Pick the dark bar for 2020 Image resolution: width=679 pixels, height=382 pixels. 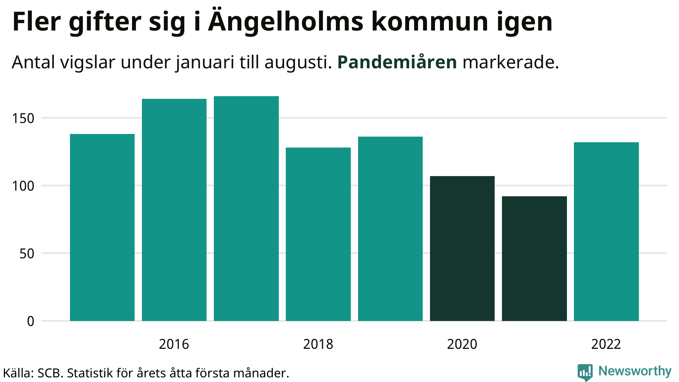tap(462, 248)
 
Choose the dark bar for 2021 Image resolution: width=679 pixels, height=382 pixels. tap(534, 258)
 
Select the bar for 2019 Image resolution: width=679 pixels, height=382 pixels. tap(390, 228)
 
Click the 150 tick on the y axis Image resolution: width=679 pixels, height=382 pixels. tap(23, 118)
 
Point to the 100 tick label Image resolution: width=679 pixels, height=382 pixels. tap(23, 186)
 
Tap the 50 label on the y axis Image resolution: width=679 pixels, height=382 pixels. tap(27, 254)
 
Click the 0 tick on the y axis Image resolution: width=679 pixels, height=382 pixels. tap(31, 321)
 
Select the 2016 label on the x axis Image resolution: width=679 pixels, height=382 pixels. tap(174, 344)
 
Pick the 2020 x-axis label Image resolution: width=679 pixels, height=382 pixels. tap(462, 344)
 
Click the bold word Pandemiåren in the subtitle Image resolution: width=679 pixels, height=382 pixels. tap(397, 62)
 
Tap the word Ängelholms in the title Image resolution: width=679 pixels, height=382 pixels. tap(286, 22)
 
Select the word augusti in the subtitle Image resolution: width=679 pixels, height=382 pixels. tap(298, 62)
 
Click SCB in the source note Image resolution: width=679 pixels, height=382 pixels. tap(50, 373)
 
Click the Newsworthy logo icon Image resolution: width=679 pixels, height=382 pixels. tap(585, 372)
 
